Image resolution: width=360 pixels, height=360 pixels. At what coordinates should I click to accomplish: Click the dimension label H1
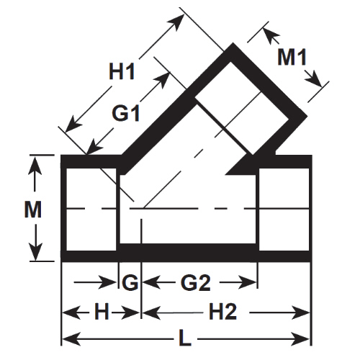point(122,71)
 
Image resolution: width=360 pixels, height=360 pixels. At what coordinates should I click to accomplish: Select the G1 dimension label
point(126,113)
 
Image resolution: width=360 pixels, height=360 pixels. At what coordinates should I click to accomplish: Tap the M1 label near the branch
point(292,57)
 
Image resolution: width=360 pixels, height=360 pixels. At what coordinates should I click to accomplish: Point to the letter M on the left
point(33,210)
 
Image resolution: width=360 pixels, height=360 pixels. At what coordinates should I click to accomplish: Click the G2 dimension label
point(196,282)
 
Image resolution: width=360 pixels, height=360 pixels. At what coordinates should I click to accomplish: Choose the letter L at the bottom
point(185,339)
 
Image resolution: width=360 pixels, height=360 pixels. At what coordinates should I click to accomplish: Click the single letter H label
point(102,311)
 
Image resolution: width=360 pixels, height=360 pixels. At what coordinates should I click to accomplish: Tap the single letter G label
point(130,282)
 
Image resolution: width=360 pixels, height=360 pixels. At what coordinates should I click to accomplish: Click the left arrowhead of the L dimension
point(71,339)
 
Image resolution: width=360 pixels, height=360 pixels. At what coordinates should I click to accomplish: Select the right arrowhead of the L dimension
point(301,339)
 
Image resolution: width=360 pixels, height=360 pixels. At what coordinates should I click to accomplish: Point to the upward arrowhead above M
point(35,166)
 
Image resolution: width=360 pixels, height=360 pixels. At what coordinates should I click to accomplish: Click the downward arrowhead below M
point(35,252)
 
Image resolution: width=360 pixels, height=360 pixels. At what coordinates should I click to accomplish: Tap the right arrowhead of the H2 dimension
point(301,312)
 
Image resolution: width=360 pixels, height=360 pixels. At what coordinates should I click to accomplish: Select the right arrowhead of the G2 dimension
point(248,282)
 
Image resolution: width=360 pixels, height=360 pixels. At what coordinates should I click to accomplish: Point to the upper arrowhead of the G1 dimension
point(161,80)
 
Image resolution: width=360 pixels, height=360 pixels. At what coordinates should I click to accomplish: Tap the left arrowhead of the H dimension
point(71,312)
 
